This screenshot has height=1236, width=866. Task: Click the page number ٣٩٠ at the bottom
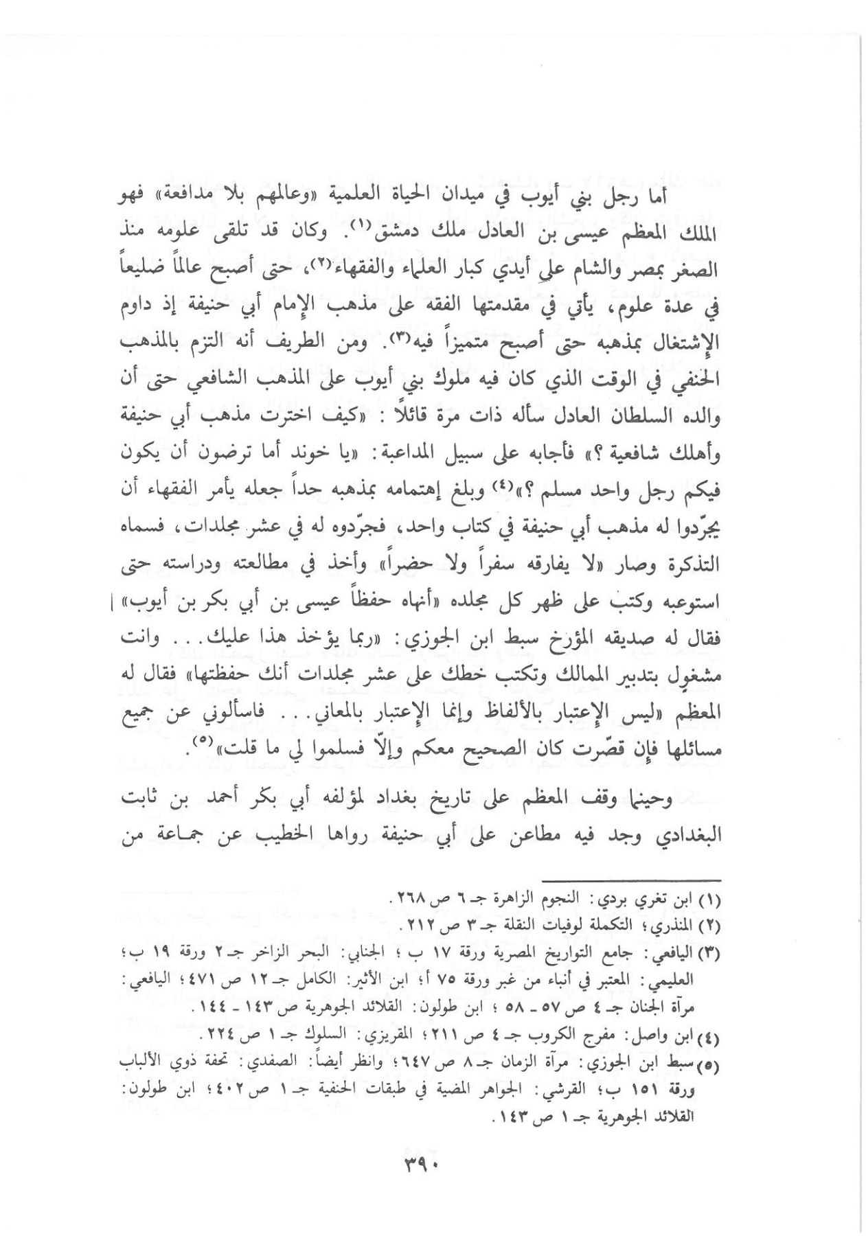431,1165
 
